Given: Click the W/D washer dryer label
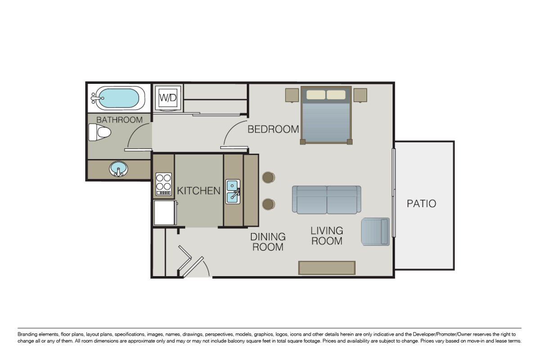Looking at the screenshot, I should pyautogui.click(x=168, y=97).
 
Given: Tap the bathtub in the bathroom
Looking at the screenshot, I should pyautogui.click(x=118, y=98).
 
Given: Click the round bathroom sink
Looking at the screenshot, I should pyautogui.click(x=118, y=170).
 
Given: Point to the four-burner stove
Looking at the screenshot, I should pyautogui.click(x=164, y=184).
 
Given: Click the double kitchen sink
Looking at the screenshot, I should pyautogui.click(x=233, y=191).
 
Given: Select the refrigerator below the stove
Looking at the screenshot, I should pyautogui.click(x=165, y=212).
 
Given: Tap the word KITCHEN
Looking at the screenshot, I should pyautogui.click(x=198, y=191).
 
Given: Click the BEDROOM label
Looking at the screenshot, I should pyautogui.click(x=273, y=130).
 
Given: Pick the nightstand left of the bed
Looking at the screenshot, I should pyautogui.click(x=292, y=95).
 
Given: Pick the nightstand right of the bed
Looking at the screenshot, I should pyautogui.click(x=360, y=95).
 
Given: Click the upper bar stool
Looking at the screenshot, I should pyautogui.click(x=269, y=178).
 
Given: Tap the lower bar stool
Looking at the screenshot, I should pyautogui.click(x=269, y=204).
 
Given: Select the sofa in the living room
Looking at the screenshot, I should pyautogui.click(x=326, y=199).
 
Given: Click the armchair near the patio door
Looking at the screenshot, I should pyautogui.click(x=376, y=231).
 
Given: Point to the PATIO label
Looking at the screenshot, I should pyautogui.click(x=421, y=203).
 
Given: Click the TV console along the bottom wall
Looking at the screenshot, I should pyautogui.click(x=327, y=267).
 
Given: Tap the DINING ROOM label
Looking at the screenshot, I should pyautogui.click(x=268, y=242).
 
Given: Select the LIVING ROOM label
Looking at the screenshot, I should pyautogui.click(x=327, y=236).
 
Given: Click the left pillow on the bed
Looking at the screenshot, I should pyautogui.click(x=316, y=95).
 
